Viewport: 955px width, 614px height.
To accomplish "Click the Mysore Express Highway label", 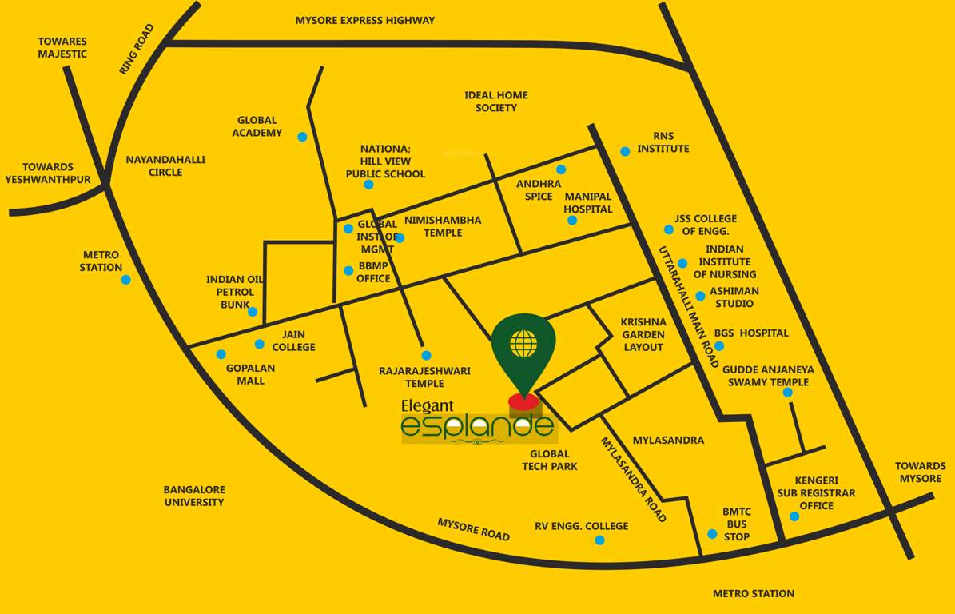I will (x=365, y=20).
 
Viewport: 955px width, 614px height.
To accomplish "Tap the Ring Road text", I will (x=136, y=50).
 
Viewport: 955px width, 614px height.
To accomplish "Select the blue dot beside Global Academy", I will (x=302, y=137).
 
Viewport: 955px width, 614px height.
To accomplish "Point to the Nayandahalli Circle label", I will (x=165, y=165).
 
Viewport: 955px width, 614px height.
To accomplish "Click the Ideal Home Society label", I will (x=496, y=101).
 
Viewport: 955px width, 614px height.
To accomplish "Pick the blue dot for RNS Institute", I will (x=625, y=151).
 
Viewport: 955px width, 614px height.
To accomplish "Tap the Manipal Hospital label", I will (x=588, y=202).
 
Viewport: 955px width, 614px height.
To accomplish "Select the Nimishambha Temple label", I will (x=443, y=226).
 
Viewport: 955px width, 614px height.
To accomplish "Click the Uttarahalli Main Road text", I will (x=688, y=306).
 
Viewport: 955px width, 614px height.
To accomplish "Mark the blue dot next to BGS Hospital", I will (x=719, y=346).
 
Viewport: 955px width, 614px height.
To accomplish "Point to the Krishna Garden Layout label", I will (x=643, y=334).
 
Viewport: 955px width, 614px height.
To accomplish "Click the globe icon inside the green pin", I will (x=523, y=343).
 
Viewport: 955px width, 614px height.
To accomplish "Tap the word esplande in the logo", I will (x=477, y=425).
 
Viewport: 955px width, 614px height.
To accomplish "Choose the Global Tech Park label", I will (x=550, y=460).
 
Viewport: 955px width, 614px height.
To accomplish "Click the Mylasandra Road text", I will (x=633, y=479).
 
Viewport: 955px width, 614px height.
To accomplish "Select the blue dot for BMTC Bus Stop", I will (x=712, y=534).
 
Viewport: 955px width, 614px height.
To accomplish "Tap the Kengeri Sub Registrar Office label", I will (x=816, y=492).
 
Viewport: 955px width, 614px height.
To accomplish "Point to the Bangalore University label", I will (x=194, y=496).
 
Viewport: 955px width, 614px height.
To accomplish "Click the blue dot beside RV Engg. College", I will (x=599, y=540).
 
